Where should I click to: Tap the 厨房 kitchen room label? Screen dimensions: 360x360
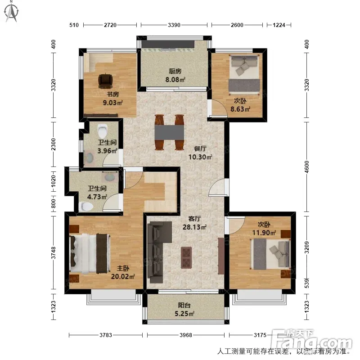(175, 71)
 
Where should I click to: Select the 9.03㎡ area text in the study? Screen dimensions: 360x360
(112, 103)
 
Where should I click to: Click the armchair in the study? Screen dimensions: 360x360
(105, 81)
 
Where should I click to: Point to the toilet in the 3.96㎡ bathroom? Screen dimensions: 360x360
(103, 130)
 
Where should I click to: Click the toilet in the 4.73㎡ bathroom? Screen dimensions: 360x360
(85, 207)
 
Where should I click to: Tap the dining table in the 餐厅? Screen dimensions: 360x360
(170, 132)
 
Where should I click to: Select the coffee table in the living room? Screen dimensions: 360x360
(186, 257)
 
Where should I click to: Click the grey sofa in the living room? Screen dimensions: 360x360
(158, 252)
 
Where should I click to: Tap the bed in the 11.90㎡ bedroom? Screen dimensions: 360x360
(270, 254)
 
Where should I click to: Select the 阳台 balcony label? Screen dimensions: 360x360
(184, 305)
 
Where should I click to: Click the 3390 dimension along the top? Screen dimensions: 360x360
(174, 25)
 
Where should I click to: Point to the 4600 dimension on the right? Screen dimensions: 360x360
(307, 167)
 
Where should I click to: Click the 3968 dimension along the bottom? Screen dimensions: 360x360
(186, 335)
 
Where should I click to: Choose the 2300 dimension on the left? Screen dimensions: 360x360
(53, 144)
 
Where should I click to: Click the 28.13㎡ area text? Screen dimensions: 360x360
(194, 227)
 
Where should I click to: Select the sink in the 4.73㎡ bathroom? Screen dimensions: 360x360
(109, 177)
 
